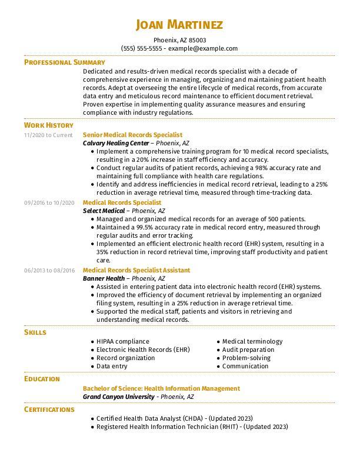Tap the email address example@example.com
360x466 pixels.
point(203,48)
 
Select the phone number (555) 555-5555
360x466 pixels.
point(141,48)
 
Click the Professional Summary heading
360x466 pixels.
point(64,62)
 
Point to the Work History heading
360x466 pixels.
point(48,125)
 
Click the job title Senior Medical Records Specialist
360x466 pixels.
point(132,135)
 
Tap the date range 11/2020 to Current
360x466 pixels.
point(48,135)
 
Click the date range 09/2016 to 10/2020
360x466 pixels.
point(49,202)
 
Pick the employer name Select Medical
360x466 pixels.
point(104,211)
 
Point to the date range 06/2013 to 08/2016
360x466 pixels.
point(49,270)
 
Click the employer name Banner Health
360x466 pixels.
point(104,278)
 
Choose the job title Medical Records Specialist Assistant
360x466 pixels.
point(136,270)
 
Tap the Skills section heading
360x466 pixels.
point(35,332)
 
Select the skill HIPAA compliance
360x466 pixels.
point(123,341)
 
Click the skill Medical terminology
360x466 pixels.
point(252,341)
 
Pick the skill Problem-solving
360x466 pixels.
point(246,358)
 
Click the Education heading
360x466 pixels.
point(42,379)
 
